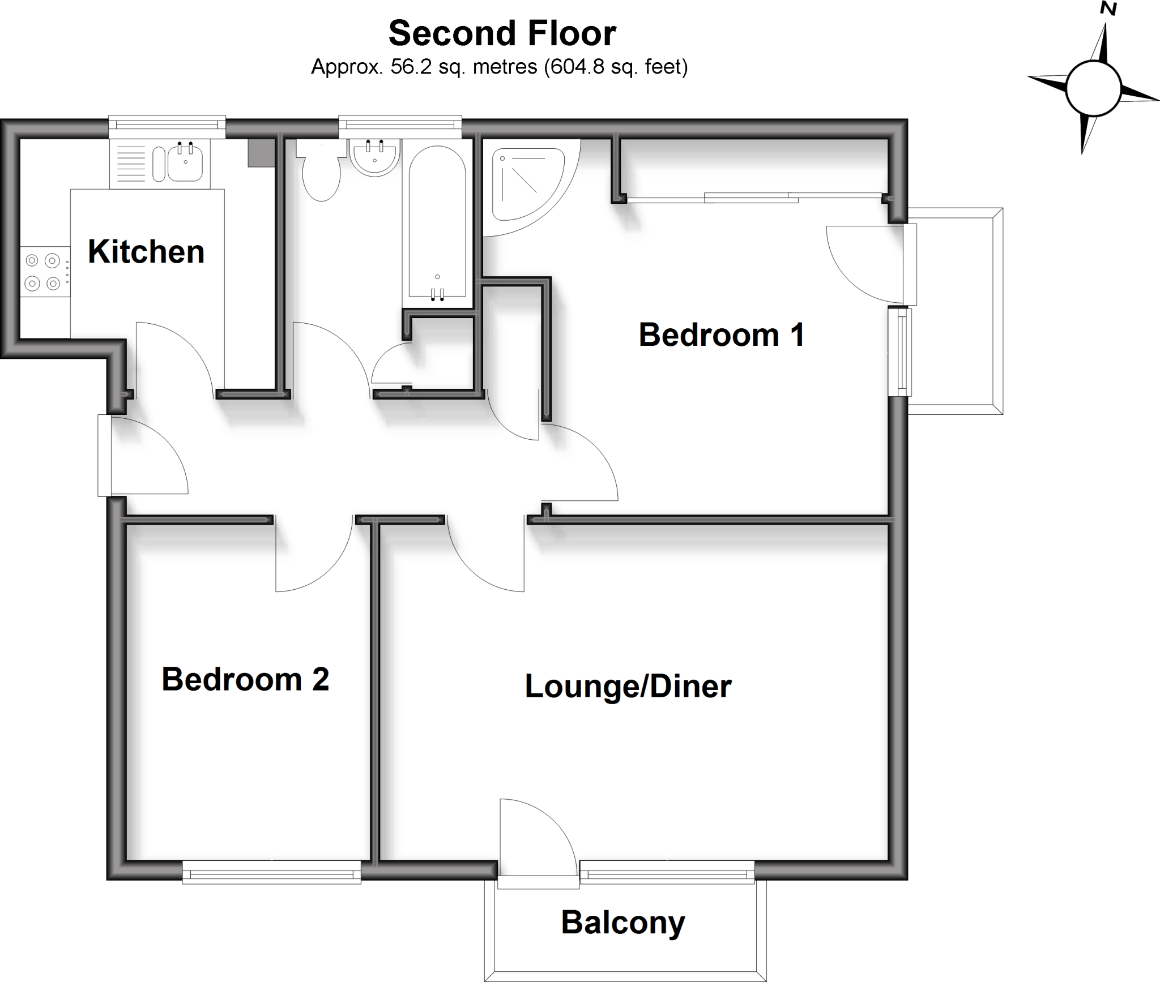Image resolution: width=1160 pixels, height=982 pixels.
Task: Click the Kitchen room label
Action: pos(146,251)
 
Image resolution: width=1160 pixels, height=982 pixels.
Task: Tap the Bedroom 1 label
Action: pos(721,335)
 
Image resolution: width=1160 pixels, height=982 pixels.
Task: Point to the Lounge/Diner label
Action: pos(628,686)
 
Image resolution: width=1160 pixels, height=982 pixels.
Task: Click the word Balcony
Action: pos(622,923)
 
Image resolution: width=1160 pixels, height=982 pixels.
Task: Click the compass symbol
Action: pos(1093,89)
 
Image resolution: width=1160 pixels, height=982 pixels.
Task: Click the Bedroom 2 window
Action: pos(271,872)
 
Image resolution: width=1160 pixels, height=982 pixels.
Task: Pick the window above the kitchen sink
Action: pos(167,126)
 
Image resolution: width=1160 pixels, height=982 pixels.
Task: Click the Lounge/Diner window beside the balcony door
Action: pos(667,872)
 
